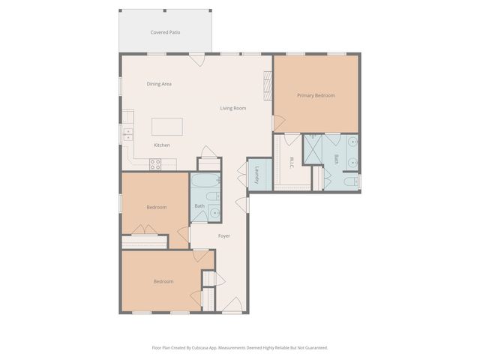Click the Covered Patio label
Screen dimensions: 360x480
(x=165, y=32)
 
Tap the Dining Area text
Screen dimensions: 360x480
(x=159, y=84)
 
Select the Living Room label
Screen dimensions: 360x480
(x=232, y=108)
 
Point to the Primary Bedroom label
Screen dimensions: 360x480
(x=316, y=95)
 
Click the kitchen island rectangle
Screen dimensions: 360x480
(x=166, y=126)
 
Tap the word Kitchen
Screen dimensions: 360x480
(x=162, y=145)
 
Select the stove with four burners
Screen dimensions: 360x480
(x=156, y=164)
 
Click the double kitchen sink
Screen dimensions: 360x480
(x=127, y=135)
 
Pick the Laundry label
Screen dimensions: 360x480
(x=257, y=175)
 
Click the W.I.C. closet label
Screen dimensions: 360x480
(x=291, y=161)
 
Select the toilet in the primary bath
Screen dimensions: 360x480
(x=350, y=181)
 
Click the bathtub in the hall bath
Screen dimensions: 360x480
(x=204, y=182)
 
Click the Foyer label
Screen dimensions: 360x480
(x=224, y=236)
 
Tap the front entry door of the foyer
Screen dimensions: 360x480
(x=232, y=306)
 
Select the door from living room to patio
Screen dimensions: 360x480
(x=197, y=58)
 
